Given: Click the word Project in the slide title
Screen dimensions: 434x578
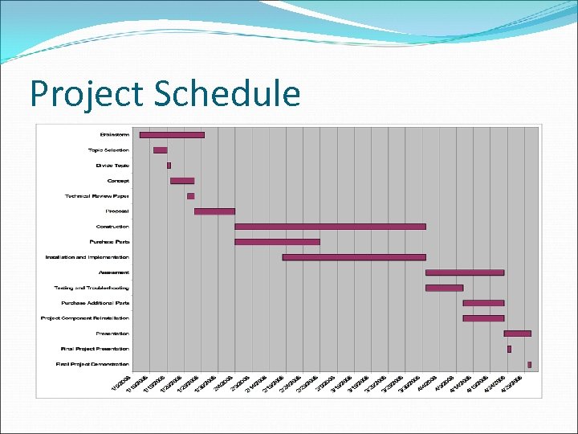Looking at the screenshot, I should coord(86,95).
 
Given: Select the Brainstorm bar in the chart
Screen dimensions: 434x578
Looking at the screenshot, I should coord(172,135).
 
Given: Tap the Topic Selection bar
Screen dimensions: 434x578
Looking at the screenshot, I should coord(161,150).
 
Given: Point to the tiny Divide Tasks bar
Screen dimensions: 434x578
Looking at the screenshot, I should coord(169,166).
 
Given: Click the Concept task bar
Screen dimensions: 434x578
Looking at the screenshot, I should coord(182,181).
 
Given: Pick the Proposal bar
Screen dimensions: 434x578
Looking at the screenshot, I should coord(214,211).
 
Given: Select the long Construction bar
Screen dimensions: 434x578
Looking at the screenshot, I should coord(330,227).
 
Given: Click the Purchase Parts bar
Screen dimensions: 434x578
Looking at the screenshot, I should coord(277,242).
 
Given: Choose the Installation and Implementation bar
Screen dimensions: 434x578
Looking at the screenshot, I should coord(354,257).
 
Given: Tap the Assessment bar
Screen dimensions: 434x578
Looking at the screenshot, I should coord(465,272).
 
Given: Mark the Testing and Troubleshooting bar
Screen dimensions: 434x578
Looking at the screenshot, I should coord(444,288).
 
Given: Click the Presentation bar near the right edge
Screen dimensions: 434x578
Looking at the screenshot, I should coord(517,333).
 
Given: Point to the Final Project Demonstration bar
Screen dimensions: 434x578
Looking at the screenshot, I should coord(529,364).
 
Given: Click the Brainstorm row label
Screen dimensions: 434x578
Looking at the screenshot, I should coord(114,135).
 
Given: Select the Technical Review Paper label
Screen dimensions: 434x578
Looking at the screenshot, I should coord(97,196).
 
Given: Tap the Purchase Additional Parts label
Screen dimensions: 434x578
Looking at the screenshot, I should coord(95,303).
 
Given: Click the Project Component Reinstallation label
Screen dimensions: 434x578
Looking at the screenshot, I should coord(85,318).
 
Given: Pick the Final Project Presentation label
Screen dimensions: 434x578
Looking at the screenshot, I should coord(95,349).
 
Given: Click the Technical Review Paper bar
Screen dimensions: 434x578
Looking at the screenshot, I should coord(190,196).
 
